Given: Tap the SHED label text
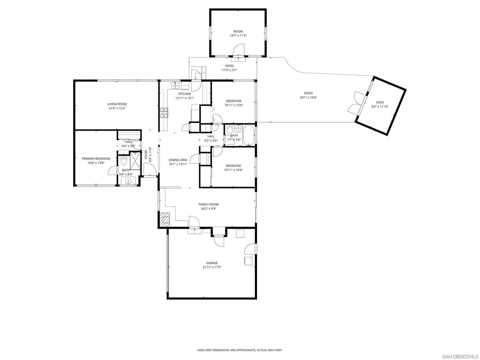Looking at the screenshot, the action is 380,103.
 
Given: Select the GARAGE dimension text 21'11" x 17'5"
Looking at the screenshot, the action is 212,267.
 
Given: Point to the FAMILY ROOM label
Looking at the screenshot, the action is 209,204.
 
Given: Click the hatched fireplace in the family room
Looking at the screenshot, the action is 165,219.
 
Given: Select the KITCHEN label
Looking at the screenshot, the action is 185,94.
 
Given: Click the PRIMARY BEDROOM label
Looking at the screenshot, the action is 96,159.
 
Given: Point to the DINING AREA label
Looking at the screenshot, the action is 178,160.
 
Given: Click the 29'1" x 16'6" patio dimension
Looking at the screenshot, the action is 308,97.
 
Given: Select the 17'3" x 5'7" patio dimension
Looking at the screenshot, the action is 230,70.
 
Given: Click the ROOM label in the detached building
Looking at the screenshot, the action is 238,31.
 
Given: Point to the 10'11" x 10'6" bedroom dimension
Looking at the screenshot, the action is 233,105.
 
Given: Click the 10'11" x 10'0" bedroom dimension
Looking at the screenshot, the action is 233,170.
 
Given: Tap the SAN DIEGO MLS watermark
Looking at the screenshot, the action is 459,357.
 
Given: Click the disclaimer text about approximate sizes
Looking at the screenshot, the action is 240,350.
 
